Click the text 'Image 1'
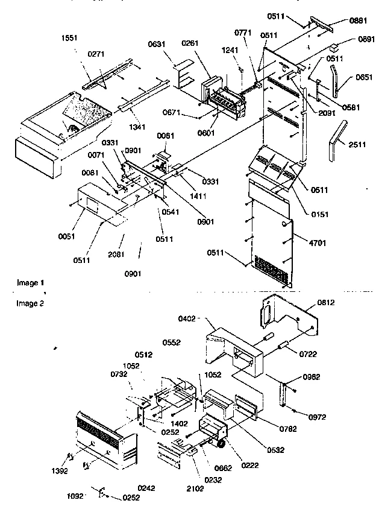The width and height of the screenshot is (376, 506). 30,282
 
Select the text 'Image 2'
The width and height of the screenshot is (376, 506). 30,303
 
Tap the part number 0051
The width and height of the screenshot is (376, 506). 67,236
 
